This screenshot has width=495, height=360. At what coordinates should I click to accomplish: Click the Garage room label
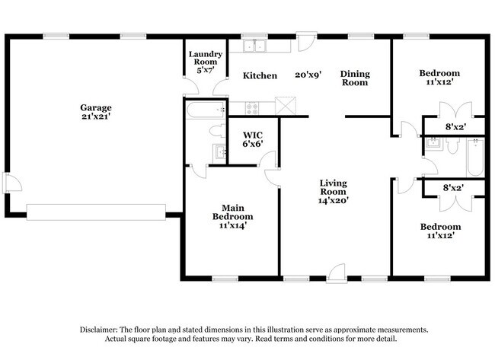(96, 107)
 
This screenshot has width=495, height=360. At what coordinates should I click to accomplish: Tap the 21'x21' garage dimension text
(96, 116)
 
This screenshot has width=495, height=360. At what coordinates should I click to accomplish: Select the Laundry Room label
(206, 58)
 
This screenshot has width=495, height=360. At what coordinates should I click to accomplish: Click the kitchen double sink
(254, 46)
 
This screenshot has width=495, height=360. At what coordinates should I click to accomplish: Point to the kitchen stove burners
(252, 108)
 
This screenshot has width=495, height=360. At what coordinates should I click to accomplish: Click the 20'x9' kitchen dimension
(308, 75)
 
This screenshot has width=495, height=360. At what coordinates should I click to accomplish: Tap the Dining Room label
(355, 78)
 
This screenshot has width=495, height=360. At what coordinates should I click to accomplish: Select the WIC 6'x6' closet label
(253, 139)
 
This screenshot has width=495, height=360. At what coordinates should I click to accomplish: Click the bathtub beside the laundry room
(206, 110)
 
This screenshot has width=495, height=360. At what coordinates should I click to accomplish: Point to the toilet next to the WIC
(218, 131)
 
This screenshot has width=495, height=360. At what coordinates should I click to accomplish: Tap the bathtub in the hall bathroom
(475, 158)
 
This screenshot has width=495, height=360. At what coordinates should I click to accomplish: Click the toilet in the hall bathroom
(452, 146)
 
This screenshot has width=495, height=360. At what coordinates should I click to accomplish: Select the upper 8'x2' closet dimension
(456, 127)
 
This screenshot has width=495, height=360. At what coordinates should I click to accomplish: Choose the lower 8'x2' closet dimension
(453, 188)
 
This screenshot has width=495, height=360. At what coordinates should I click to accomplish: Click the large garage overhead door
(96, 212)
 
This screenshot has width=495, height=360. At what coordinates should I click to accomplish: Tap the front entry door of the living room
(337, 272)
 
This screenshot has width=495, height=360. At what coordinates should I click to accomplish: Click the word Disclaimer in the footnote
(99, 330)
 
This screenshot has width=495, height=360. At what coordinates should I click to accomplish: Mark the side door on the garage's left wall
(11, 183)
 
